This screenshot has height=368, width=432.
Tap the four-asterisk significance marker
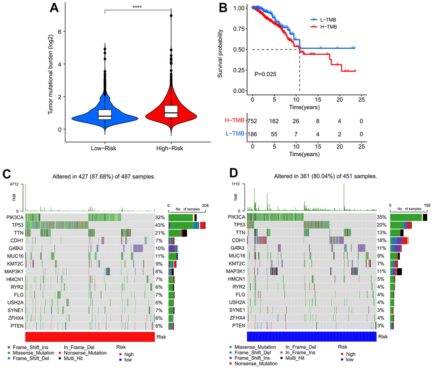[x=138, y=7]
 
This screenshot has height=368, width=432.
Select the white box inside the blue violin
[x=105, y=115]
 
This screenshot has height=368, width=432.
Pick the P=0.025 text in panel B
[x=266, y=74]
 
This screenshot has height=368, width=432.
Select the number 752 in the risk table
[x=253, y=121]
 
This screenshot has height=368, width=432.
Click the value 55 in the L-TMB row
[x=274, y=133]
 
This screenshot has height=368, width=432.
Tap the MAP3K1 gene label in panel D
[x=236, y=271]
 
